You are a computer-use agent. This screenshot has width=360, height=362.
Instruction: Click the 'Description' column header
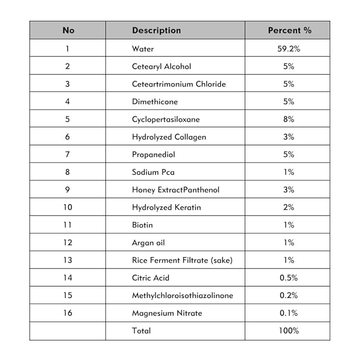pyautogui.click(x=156, y=30)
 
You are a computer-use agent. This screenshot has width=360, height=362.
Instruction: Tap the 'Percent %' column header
pyautogui.click(x=289, y=30)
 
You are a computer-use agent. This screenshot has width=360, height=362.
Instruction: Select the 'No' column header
pyautogui.click(x=68, y=30)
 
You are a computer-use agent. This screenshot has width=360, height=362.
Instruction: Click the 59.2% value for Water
pyautogui.click(x=289, y=49)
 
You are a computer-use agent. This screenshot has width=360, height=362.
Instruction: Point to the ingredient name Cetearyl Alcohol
pyautogui.click(x=161, y=66)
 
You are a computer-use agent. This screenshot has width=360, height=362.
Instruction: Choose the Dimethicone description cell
pyautogui.click(x=155, y=101)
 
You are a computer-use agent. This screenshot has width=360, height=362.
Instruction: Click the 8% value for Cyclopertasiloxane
pyautogui.click(x=289, y=119)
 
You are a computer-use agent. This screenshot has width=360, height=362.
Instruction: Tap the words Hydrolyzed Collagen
pyautogui.click(x=169, y=137)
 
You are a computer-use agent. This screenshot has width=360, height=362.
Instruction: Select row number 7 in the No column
pyautogui.click(x=68, y=154)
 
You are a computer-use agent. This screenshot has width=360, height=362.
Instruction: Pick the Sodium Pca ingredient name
pyautogui.click(x=153, y=172)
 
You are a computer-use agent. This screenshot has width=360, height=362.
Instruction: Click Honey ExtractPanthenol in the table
pyautogui.click(x=175, y=189)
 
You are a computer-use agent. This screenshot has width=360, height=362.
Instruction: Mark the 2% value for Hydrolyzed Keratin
pyautogui.click(x=289, y=207)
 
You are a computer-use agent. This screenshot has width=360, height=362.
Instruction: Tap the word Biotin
pyautogui.click(x=142, y=225)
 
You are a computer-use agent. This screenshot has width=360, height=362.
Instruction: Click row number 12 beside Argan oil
pyautogui.click(x=68, y=243)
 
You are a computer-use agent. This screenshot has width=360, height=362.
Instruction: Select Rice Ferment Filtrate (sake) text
pyautogui.click(x=182, y=260)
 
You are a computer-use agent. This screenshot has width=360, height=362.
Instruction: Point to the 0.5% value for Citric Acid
pyautogui.click(x=289, y=278)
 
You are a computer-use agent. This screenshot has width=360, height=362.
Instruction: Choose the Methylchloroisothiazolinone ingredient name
pyautogui.click(x=182, y=295)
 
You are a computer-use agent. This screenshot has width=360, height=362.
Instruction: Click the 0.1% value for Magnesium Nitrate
pyautogui.click(x=289, y=313)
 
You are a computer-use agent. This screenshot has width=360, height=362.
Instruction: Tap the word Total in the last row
pyautogui.click(x=142, y=331)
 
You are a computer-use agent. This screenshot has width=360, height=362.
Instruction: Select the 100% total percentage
pyautogui.click(x=289, y=331)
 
